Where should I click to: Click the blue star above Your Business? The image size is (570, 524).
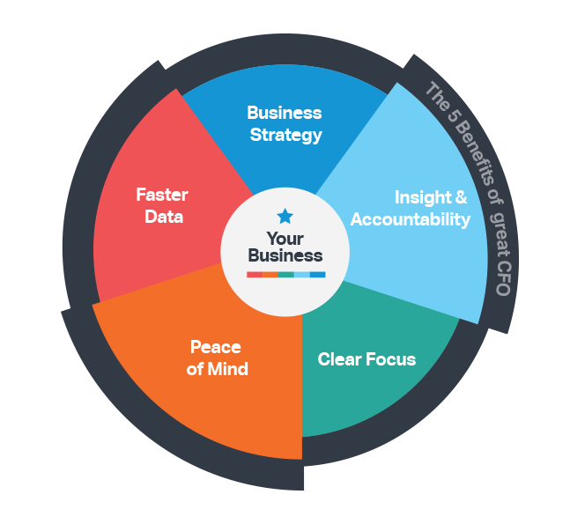[285, 216]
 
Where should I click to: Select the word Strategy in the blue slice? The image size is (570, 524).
[285, 135]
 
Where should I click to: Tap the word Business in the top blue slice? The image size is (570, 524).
[285, 113]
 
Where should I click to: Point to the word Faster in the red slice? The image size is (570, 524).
[161, 195]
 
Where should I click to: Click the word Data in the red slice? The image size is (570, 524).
[163, 216]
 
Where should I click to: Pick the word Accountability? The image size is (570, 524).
[411, 219]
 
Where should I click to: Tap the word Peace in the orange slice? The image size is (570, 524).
[216, 347]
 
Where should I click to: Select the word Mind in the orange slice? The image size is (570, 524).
[228, 369]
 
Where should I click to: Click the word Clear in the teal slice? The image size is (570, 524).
[339, 359]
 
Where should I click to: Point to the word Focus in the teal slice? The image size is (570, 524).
[390, 359]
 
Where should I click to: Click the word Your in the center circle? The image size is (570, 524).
[285, 239]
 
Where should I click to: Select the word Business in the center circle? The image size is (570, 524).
[285, 256]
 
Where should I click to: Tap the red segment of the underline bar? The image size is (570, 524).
[254, 275]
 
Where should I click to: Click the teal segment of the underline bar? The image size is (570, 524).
[285, 275]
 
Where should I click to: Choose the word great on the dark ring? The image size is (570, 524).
[498, 232]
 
